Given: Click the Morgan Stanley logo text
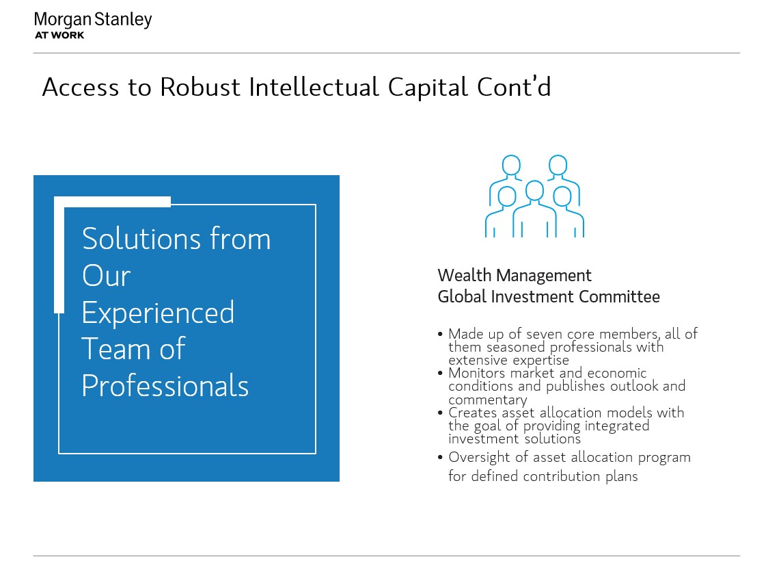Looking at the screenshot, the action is click(93, 20).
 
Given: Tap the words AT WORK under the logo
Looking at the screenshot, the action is click(59, 36).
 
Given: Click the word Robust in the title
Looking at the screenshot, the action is click(200, 88).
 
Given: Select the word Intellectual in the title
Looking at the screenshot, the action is click(314, 88).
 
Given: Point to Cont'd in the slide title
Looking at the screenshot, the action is click(514, 87).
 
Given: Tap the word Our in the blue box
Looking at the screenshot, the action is click(107, 275).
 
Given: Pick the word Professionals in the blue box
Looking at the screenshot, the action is click(165, 386).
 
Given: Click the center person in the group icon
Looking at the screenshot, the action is click(534, 209).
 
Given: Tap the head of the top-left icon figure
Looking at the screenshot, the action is click(511, 165).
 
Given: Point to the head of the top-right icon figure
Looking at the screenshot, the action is click(558, 165).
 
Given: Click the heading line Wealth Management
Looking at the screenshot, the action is click(515, 276).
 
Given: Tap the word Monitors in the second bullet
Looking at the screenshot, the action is click(476, 373).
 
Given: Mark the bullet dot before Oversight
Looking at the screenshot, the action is click(440, 458).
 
